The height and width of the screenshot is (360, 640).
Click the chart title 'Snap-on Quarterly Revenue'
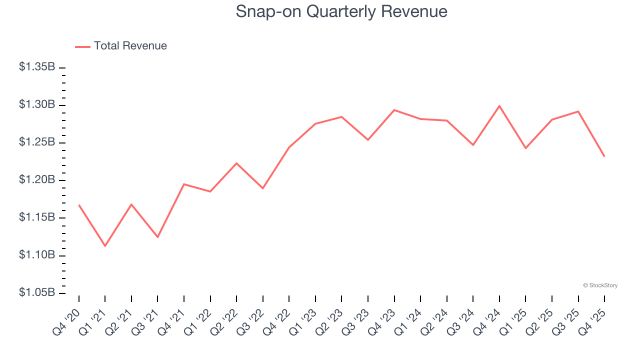(x=341, y=11)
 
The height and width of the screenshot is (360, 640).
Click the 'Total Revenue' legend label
(x=130, y=46)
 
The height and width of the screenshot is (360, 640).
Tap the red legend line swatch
(x=82, y=46)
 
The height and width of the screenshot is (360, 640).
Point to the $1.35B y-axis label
(x=37, y=67)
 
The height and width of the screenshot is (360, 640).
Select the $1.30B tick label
(x=37, y=104)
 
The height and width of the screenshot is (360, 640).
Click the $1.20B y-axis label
(x=37, y=180)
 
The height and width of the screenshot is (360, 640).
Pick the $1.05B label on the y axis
(x=37, y=292)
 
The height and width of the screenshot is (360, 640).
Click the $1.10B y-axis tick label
(x=37, y=255)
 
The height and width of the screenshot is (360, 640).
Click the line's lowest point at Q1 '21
(x=105, y=246)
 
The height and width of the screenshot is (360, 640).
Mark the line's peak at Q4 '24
(x=499, y=106)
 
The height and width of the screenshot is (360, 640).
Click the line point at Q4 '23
(x=394, y=110)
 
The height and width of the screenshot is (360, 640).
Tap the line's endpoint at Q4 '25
(x=604, y=156)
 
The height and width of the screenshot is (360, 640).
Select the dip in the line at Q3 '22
(x=263, y=188)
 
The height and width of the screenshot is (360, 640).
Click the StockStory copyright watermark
(x=600, y=285)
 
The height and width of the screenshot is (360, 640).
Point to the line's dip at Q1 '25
(x=525, y=148)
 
